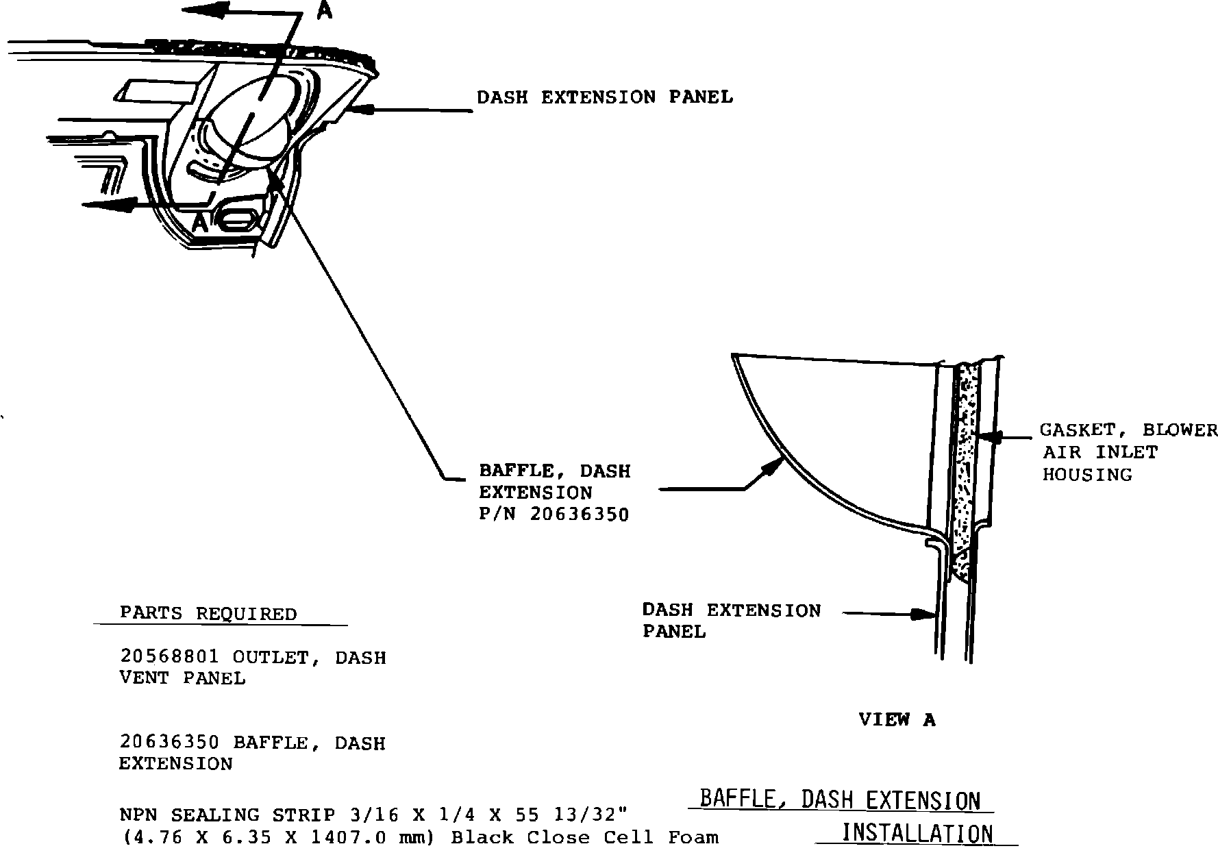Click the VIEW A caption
coord(897,719)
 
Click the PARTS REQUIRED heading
coord(208,613)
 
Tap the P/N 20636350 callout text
coord(554,515)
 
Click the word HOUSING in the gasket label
coord(1087,475)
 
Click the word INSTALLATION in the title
coord(917,834)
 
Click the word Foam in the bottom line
coord(693,837)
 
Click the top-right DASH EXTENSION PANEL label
coord(604,97)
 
